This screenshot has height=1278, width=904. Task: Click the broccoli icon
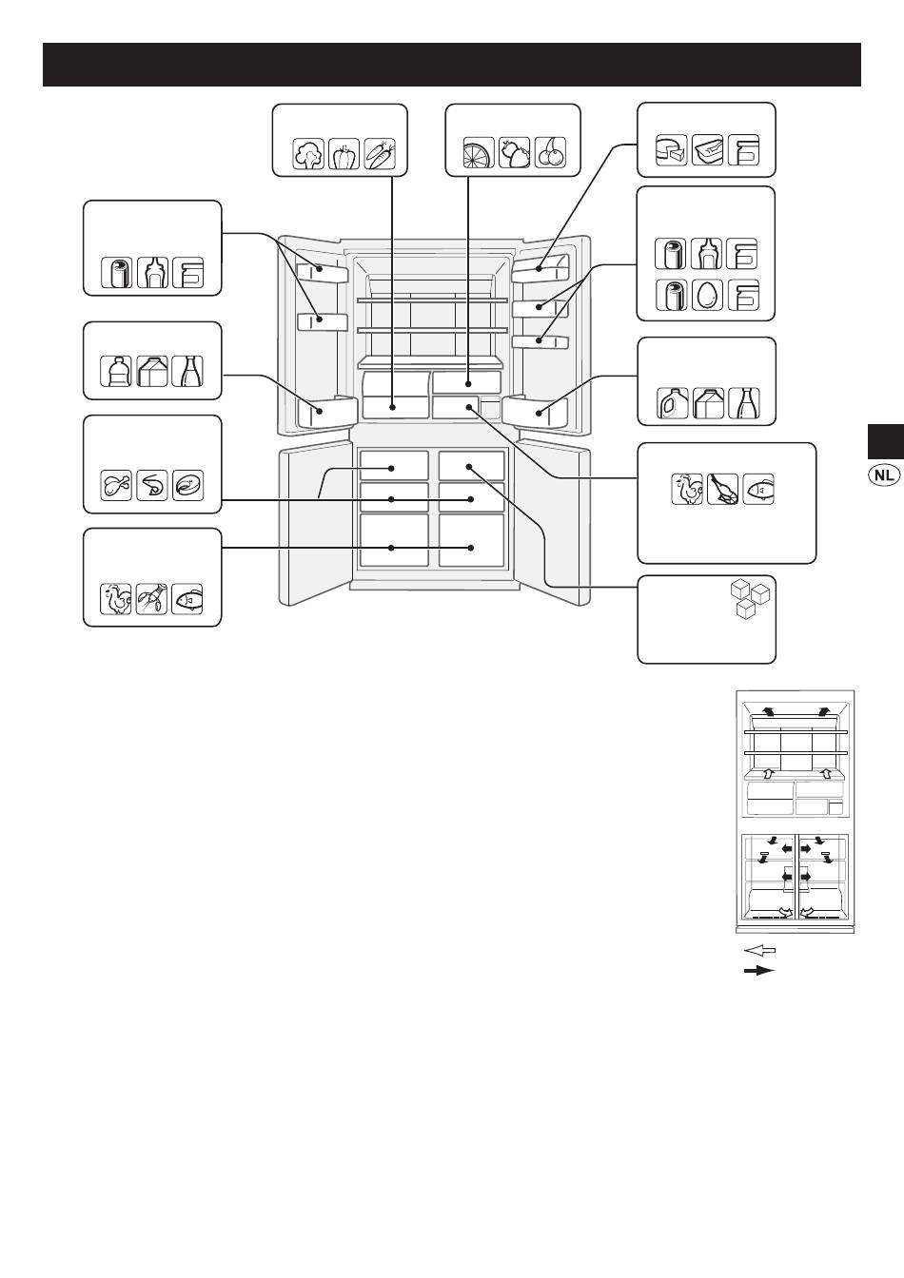click(308, 153)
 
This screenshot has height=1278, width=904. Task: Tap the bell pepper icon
click(344, 153)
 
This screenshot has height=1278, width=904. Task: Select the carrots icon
click(380, 153)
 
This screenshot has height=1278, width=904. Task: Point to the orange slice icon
click(479, 152)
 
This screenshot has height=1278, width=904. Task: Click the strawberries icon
click(515, 152)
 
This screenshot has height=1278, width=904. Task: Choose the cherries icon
click(551, 152)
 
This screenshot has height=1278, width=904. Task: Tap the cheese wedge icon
click(672, 150)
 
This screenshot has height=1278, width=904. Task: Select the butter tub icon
click(708, 150)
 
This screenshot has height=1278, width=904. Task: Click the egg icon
click(708, 295)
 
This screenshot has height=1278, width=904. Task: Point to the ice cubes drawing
click(751, 600)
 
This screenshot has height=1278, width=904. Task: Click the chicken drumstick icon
click(116, 486)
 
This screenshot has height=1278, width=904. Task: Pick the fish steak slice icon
click(187, 486)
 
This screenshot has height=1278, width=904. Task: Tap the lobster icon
click(152, 599)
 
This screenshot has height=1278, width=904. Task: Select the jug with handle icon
click(672, 403)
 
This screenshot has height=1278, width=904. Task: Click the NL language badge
click(884, 475)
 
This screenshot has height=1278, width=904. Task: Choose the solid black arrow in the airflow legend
click(760, 971)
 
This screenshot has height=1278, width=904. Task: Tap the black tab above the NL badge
click(886, 441)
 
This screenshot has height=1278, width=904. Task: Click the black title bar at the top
click(452, 65)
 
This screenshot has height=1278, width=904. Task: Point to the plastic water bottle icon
click(116, 372)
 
